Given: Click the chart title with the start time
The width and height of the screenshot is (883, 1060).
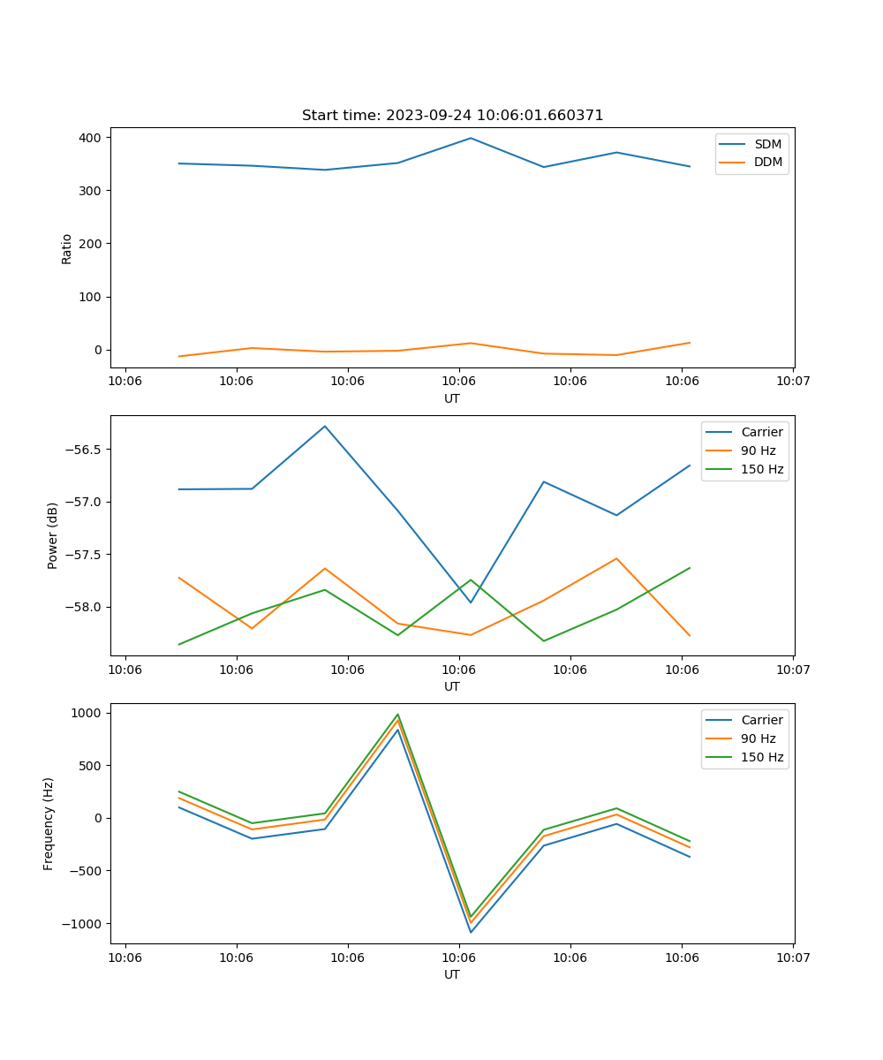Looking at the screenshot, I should pyautogui.click(x=452, y=116).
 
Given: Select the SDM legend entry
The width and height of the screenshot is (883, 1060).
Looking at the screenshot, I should pyautogui.click(x=767, y=144).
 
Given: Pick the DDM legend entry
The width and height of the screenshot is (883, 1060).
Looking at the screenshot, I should pyautogui.click(x=767, y=163).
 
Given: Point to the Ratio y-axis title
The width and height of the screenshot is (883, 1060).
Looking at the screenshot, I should pyautogui.click(x=67, y=248).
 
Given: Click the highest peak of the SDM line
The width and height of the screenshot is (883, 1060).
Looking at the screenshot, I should pyautogui.click(x=471, y=138).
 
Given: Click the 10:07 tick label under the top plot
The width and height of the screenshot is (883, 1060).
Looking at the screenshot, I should pyautogui.click(x=792, y=382).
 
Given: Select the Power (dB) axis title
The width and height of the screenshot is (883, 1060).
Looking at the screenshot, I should pyautogui.click(x=53, y=535).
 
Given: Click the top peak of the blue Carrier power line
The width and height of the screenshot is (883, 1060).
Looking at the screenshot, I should pyautogui.click(x=325, y=427).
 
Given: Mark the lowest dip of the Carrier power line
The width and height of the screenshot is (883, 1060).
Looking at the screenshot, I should pyautogui.click(x=471, y=602).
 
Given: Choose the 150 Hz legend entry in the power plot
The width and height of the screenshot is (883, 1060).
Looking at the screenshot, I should pyautogui.click(x=762, y=469).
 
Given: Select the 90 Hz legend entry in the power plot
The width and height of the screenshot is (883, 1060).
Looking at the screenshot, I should pyautogui.click(x=758, y=450).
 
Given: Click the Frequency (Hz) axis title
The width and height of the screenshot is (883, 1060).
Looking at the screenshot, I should pyautogui.click(x=49, y=823).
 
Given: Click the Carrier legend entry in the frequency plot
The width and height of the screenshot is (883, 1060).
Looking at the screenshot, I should pyautogui.click(x=761, y=720).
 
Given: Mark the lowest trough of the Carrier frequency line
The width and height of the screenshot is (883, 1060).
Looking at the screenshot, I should pyautogui.click(x=471, y=932).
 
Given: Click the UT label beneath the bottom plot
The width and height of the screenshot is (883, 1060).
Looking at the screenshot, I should pyautogui.click(x=452, y=974).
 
